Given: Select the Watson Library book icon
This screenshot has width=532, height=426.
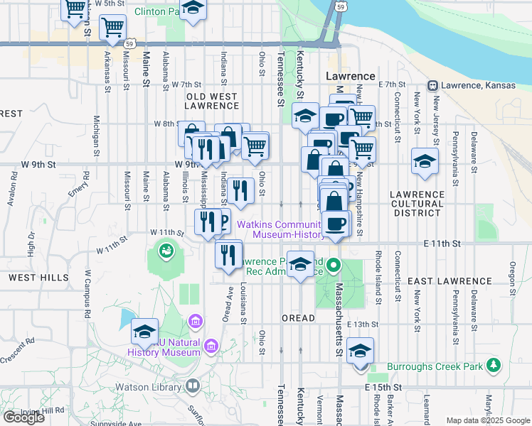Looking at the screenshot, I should [x=192, y=386].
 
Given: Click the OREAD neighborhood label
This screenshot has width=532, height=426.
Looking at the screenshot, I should [x=298, y=318].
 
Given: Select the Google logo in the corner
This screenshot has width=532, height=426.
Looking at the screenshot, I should [x=23, y=417].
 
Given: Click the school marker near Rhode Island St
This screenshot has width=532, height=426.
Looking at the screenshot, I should [x=361, y=351].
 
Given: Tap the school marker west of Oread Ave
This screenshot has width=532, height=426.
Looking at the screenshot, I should [x=144, y=332].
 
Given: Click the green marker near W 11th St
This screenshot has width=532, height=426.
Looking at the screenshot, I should [x=166, y=250].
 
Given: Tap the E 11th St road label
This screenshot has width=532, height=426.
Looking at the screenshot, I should [x=441, y=244].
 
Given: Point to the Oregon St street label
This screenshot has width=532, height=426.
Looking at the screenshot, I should [x=512, y=273].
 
